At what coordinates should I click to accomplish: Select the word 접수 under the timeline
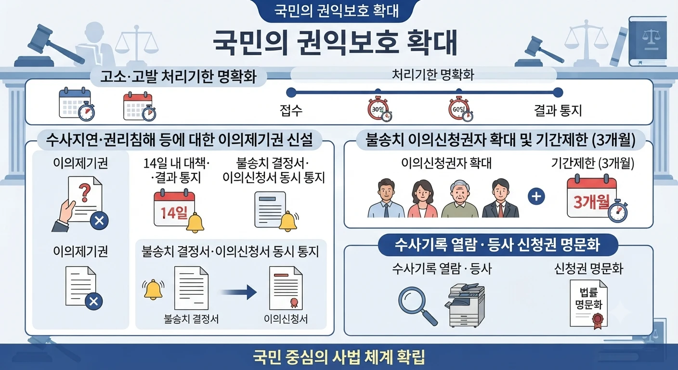291,110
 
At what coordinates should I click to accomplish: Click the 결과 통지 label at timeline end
558,110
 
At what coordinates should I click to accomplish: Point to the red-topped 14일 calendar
174,209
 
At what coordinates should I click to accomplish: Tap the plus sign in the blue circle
536,197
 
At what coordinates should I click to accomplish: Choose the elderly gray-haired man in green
460,199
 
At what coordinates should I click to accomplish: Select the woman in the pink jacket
422,199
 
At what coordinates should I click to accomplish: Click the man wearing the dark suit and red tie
500,198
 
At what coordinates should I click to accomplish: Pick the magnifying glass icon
417,306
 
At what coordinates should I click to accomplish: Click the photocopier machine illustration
465,305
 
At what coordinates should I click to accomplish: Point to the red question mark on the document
84,193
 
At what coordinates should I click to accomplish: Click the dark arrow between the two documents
239,292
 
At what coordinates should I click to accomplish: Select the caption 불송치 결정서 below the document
191,319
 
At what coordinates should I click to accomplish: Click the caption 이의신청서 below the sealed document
286,319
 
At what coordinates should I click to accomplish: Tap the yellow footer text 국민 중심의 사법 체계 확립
339,357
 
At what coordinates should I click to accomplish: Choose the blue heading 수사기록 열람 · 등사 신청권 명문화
497,245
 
